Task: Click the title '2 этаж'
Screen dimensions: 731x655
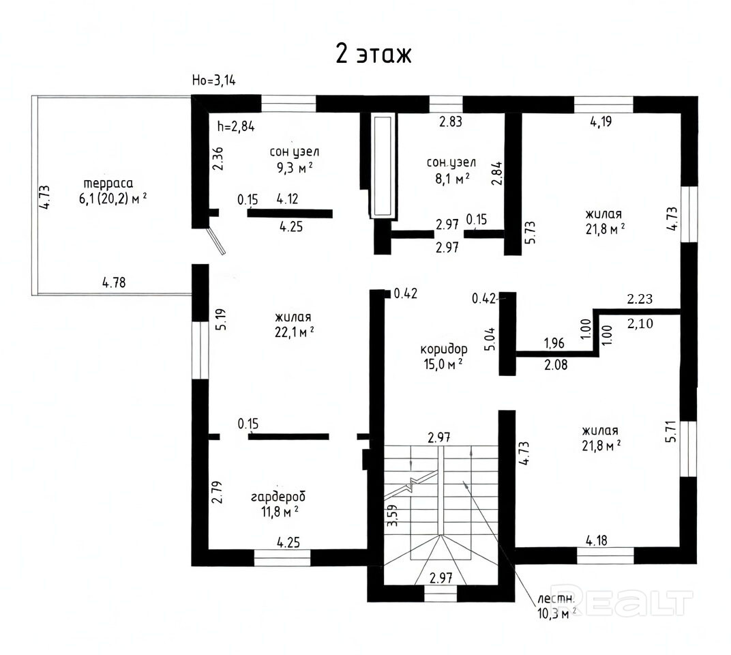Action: click(x=374, y=54)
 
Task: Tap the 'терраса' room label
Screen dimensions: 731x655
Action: click(x=108, y=184)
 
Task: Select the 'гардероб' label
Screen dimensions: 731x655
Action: click(x=278, y=497)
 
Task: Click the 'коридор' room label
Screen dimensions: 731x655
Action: click(x=444, y=349)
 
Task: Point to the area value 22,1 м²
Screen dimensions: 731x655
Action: click(x=294, y=332)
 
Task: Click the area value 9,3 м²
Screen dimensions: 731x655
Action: click(x=295, y=167)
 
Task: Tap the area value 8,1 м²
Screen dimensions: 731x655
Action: click(x=451, y=178)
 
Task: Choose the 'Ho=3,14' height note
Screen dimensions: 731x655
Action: click(x=214, y=81)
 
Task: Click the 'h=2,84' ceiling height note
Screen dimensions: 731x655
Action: click(x=236, y=126)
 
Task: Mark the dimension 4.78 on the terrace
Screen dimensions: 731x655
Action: click(x=114, y=282)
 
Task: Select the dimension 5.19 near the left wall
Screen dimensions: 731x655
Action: click(x=222, y=319)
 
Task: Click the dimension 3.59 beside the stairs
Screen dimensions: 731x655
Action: click(x=393, y=516)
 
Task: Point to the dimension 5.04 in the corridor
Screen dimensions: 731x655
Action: click(x=490, y=339)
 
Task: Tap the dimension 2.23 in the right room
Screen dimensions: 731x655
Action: click(x=640, y=299)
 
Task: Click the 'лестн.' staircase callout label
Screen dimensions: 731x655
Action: click(x=555, y=599)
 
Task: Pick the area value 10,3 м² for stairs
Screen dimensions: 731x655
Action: click(x=556, y=613)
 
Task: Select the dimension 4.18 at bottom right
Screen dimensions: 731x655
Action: click(x=597, y=540)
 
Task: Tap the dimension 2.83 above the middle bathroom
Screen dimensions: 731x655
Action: click(x=451, y=121)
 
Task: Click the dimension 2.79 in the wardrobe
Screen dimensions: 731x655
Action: click(x=217, y=492)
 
